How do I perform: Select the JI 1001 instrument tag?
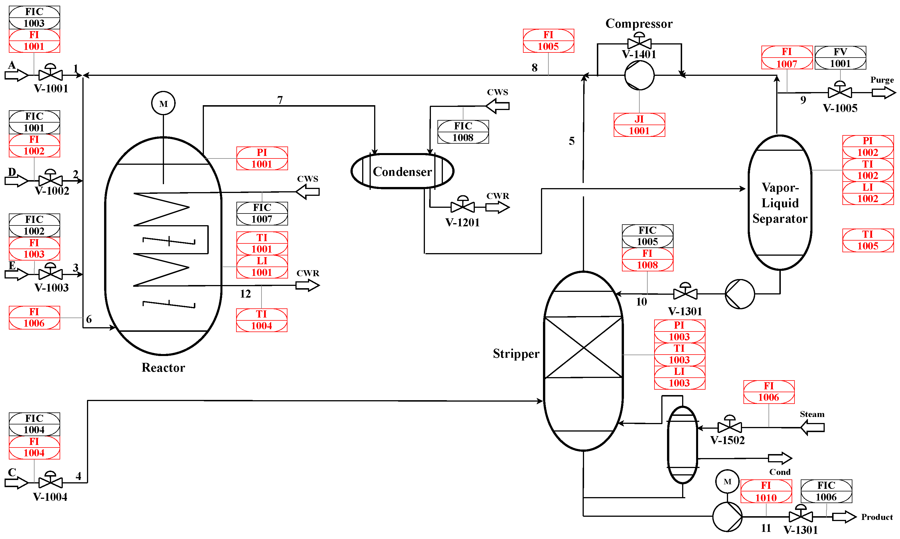[639, 125]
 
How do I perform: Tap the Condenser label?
[402, 171]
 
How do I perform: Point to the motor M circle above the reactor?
[163, 103]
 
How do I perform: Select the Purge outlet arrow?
[883, 93]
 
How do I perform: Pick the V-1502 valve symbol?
[729, 426]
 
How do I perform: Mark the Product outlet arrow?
[844, 516]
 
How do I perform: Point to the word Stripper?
[516, 353]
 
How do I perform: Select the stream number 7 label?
[279, 99]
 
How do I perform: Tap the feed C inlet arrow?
[16, 483]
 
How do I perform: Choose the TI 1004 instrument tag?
[261, 320]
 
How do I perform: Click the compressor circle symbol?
[639, 75]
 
